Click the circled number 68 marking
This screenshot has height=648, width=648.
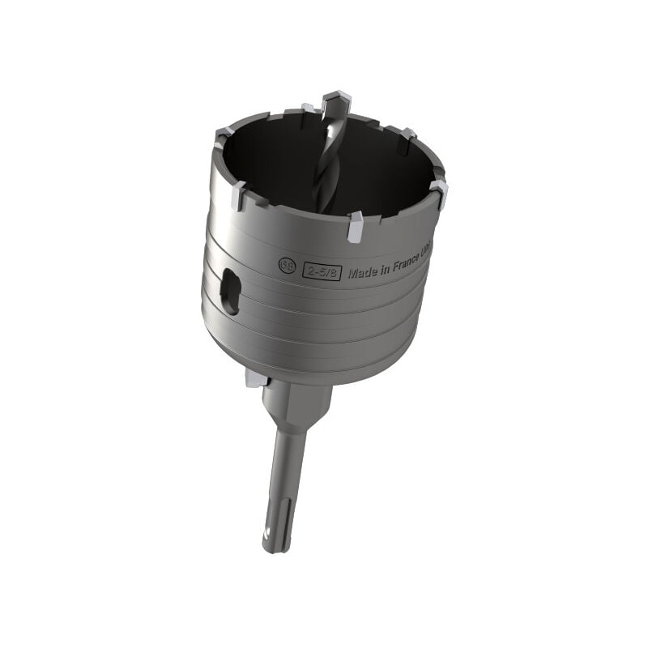(x=286, y=265)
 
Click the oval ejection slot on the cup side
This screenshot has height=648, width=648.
(x=230, y=292)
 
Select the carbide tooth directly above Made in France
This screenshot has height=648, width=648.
(x=356, y=228)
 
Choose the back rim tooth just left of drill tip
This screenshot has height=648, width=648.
(x=309, y=108)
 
